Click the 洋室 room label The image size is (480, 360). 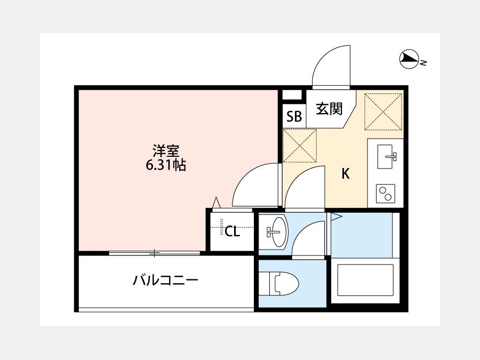(166, 151)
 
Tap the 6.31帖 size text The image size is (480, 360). (166, 165)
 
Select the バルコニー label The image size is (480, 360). (166, 280)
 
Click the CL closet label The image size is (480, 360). (233, 231)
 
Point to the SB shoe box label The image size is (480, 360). (294, 116)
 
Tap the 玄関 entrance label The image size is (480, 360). (329, 109)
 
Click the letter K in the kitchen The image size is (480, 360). (346, 174)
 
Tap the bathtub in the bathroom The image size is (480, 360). (365, 281)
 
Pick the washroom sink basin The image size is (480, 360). (278, 231)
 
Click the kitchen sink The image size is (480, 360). (386, 156)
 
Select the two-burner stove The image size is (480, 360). (386, 194)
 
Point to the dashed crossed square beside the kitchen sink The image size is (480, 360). (383, 112)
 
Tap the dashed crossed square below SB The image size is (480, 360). (300, 146)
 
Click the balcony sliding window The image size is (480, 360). (155, 253)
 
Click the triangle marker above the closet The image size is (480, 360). (217, 202)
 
